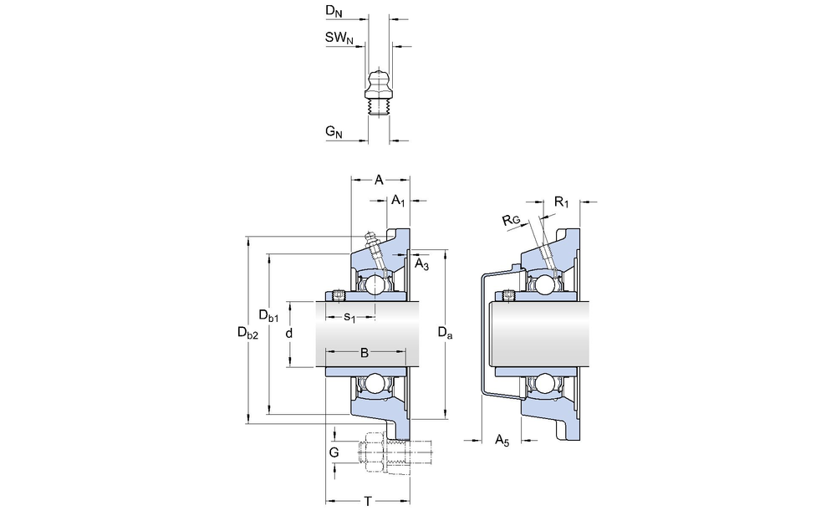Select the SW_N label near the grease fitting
click(x=338, y=38)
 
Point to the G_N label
click(x=334, y=132)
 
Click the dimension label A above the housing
click(x=379, y=180)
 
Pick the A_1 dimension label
click(x=399, y=202)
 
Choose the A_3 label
click(x=422, y=264)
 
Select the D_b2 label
click(x=248, y=333)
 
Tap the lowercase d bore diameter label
click(x=289, y=334)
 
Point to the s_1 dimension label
click(x=350, y=318)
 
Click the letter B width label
click(x=364, y=353)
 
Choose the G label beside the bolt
click(x=334, y=452)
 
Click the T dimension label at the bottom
click(x=367, y=501)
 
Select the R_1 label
click(x=562, y=202)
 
